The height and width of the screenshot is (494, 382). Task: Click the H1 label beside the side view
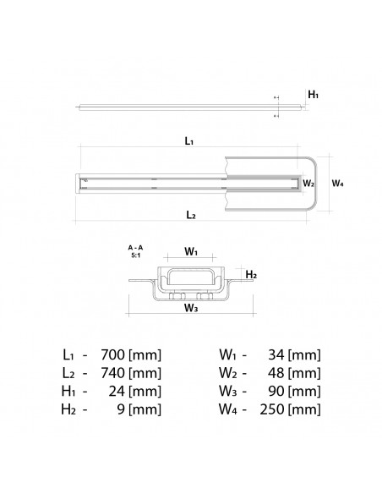314,96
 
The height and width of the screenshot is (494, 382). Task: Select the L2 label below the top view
190,216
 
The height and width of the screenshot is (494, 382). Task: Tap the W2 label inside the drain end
308,182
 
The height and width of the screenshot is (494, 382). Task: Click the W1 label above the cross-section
191,251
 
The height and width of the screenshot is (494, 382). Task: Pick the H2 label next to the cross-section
251,275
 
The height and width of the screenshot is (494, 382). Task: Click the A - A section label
135,247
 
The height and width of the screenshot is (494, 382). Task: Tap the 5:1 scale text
135,255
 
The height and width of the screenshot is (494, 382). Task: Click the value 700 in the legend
113,354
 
